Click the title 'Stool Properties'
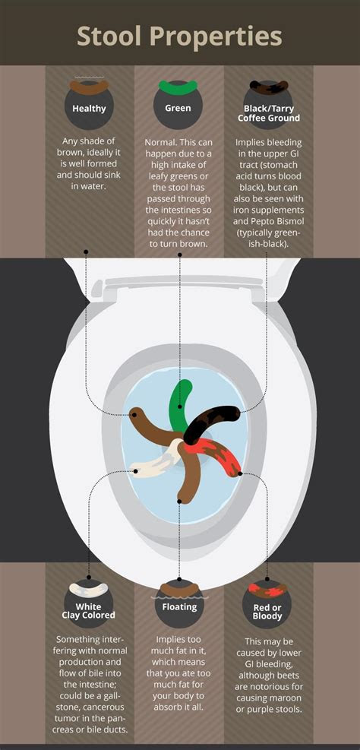click(180, 36)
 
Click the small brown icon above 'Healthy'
click(89, 81)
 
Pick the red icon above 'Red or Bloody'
click(268, 589)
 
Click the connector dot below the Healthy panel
click(87, 251)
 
